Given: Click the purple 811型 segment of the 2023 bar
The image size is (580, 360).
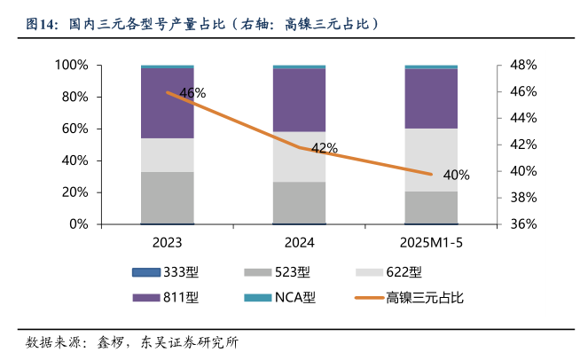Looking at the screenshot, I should [x=168, y=111].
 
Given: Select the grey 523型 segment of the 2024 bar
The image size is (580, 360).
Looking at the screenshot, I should [x=299, y=201].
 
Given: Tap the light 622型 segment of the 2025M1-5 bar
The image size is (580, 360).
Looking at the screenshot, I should [x=431, y=160].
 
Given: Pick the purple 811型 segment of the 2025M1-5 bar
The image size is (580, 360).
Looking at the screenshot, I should [x=431, y=98].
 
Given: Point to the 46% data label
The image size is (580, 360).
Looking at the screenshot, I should [x=192, y=93].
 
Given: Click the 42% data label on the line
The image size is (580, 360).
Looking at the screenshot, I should [x=325, y=148].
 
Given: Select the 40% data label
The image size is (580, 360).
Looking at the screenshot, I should [x=457, y=175].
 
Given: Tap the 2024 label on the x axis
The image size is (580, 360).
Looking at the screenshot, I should [x=299, y=242].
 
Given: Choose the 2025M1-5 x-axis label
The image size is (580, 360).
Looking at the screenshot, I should [x=431, y=242].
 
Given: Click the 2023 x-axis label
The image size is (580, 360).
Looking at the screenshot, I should [x=168, y=242].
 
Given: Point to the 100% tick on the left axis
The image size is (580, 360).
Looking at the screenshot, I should [x=70, y=66].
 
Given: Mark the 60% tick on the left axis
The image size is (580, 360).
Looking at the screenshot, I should [x=74, y=129].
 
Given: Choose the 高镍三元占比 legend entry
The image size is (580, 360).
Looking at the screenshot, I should [x=423, y=298].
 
